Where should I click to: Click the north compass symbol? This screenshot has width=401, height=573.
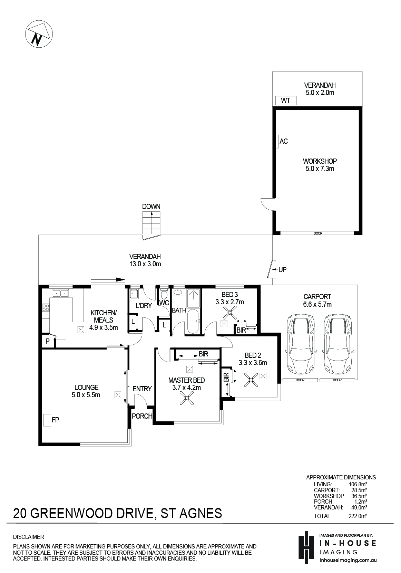(x=39, y=34)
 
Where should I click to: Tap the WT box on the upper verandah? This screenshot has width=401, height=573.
(x=286, y=101)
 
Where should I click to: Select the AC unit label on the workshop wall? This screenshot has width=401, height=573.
(x=283, y=141)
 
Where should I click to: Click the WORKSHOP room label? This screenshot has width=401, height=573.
(x=320, y=161)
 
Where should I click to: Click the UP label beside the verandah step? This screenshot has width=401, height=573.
(x=282, y=270)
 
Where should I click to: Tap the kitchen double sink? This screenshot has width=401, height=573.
(x=60, y=293)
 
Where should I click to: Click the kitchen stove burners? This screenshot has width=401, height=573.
(x=46, y=307)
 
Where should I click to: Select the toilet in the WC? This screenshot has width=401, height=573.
(x=164, y=294)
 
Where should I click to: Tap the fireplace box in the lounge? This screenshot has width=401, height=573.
(x=47, y=420)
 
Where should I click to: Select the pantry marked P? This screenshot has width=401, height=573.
(x=48, y=341)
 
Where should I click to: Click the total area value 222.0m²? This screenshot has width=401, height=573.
(x=358, y=516)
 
